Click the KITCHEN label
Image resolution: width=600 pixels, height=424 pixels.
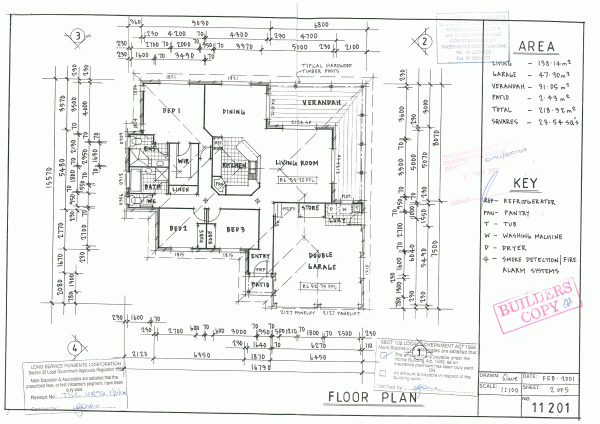click(235, 165)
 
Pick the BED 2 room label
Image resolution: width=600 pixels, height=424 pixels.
click(180, 229)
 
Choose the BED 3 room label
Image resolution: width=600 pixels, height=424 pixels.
click(236, 229)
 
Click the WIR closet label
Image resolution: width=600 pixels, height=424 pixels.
click(184, 160)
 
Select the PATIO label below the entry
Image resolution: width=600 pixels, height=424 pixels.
click(259, 286)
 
